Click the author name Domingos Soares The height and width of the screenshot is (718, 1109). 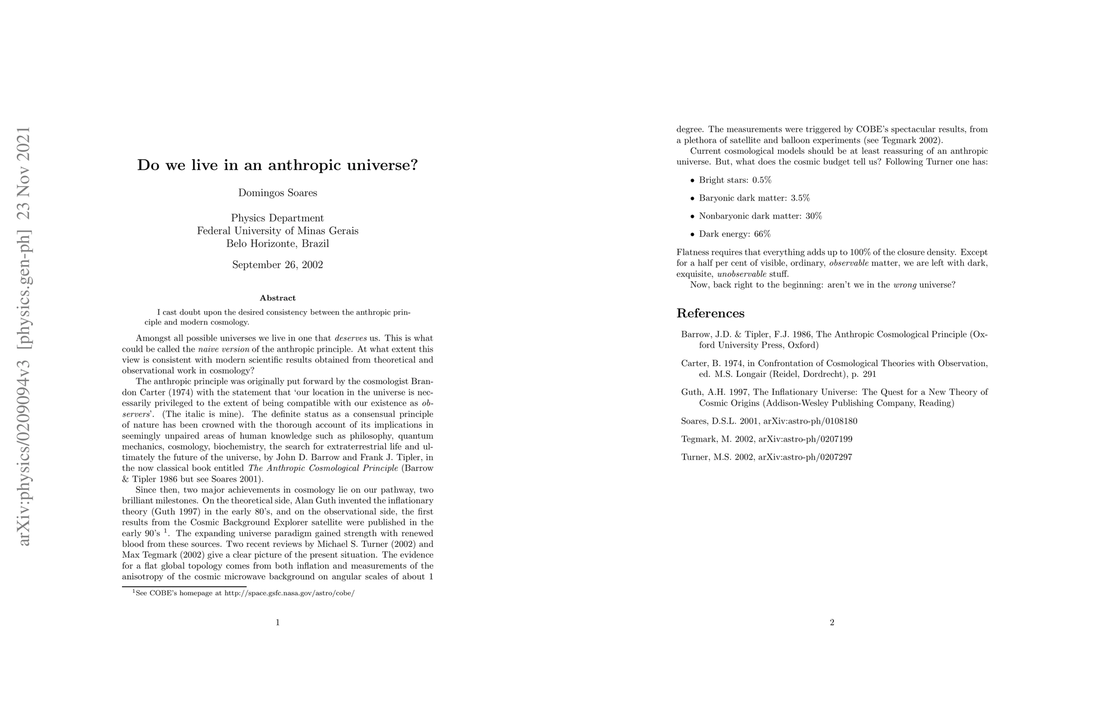(x=278, y=193)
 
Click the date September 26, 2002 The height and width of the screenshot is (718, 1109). (x=278, y=264)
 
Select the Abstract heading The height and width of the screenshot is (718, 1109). (x=278, y=298)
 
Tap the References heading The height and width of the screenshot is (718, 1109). (x=710, y=314)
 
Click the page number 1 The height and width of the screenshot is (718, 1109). (x=278, y=622)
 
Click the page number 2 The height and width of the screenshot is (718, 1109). (x=832, y=622)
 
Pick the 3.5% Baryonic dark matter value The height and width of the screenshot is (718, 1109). (x=800, y=198)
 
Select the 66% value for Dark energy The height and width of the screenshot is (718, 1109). (x=762, y=234)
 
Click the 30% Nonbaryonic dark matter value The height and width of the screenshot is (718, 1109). (x=814, y=216)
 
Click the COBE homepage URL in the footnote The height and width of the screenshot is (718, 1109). (x=290, y=594)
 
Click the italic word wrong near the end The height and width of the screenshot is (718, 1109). (x=904, y=285)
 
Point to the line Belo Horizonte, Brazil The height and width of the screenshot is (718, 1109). (x=278, y=244)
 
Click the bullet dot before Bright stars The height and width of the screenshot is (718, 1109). (x=692, y=181)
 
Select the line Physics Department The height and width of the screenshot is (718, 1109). (x=278, y=218)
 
